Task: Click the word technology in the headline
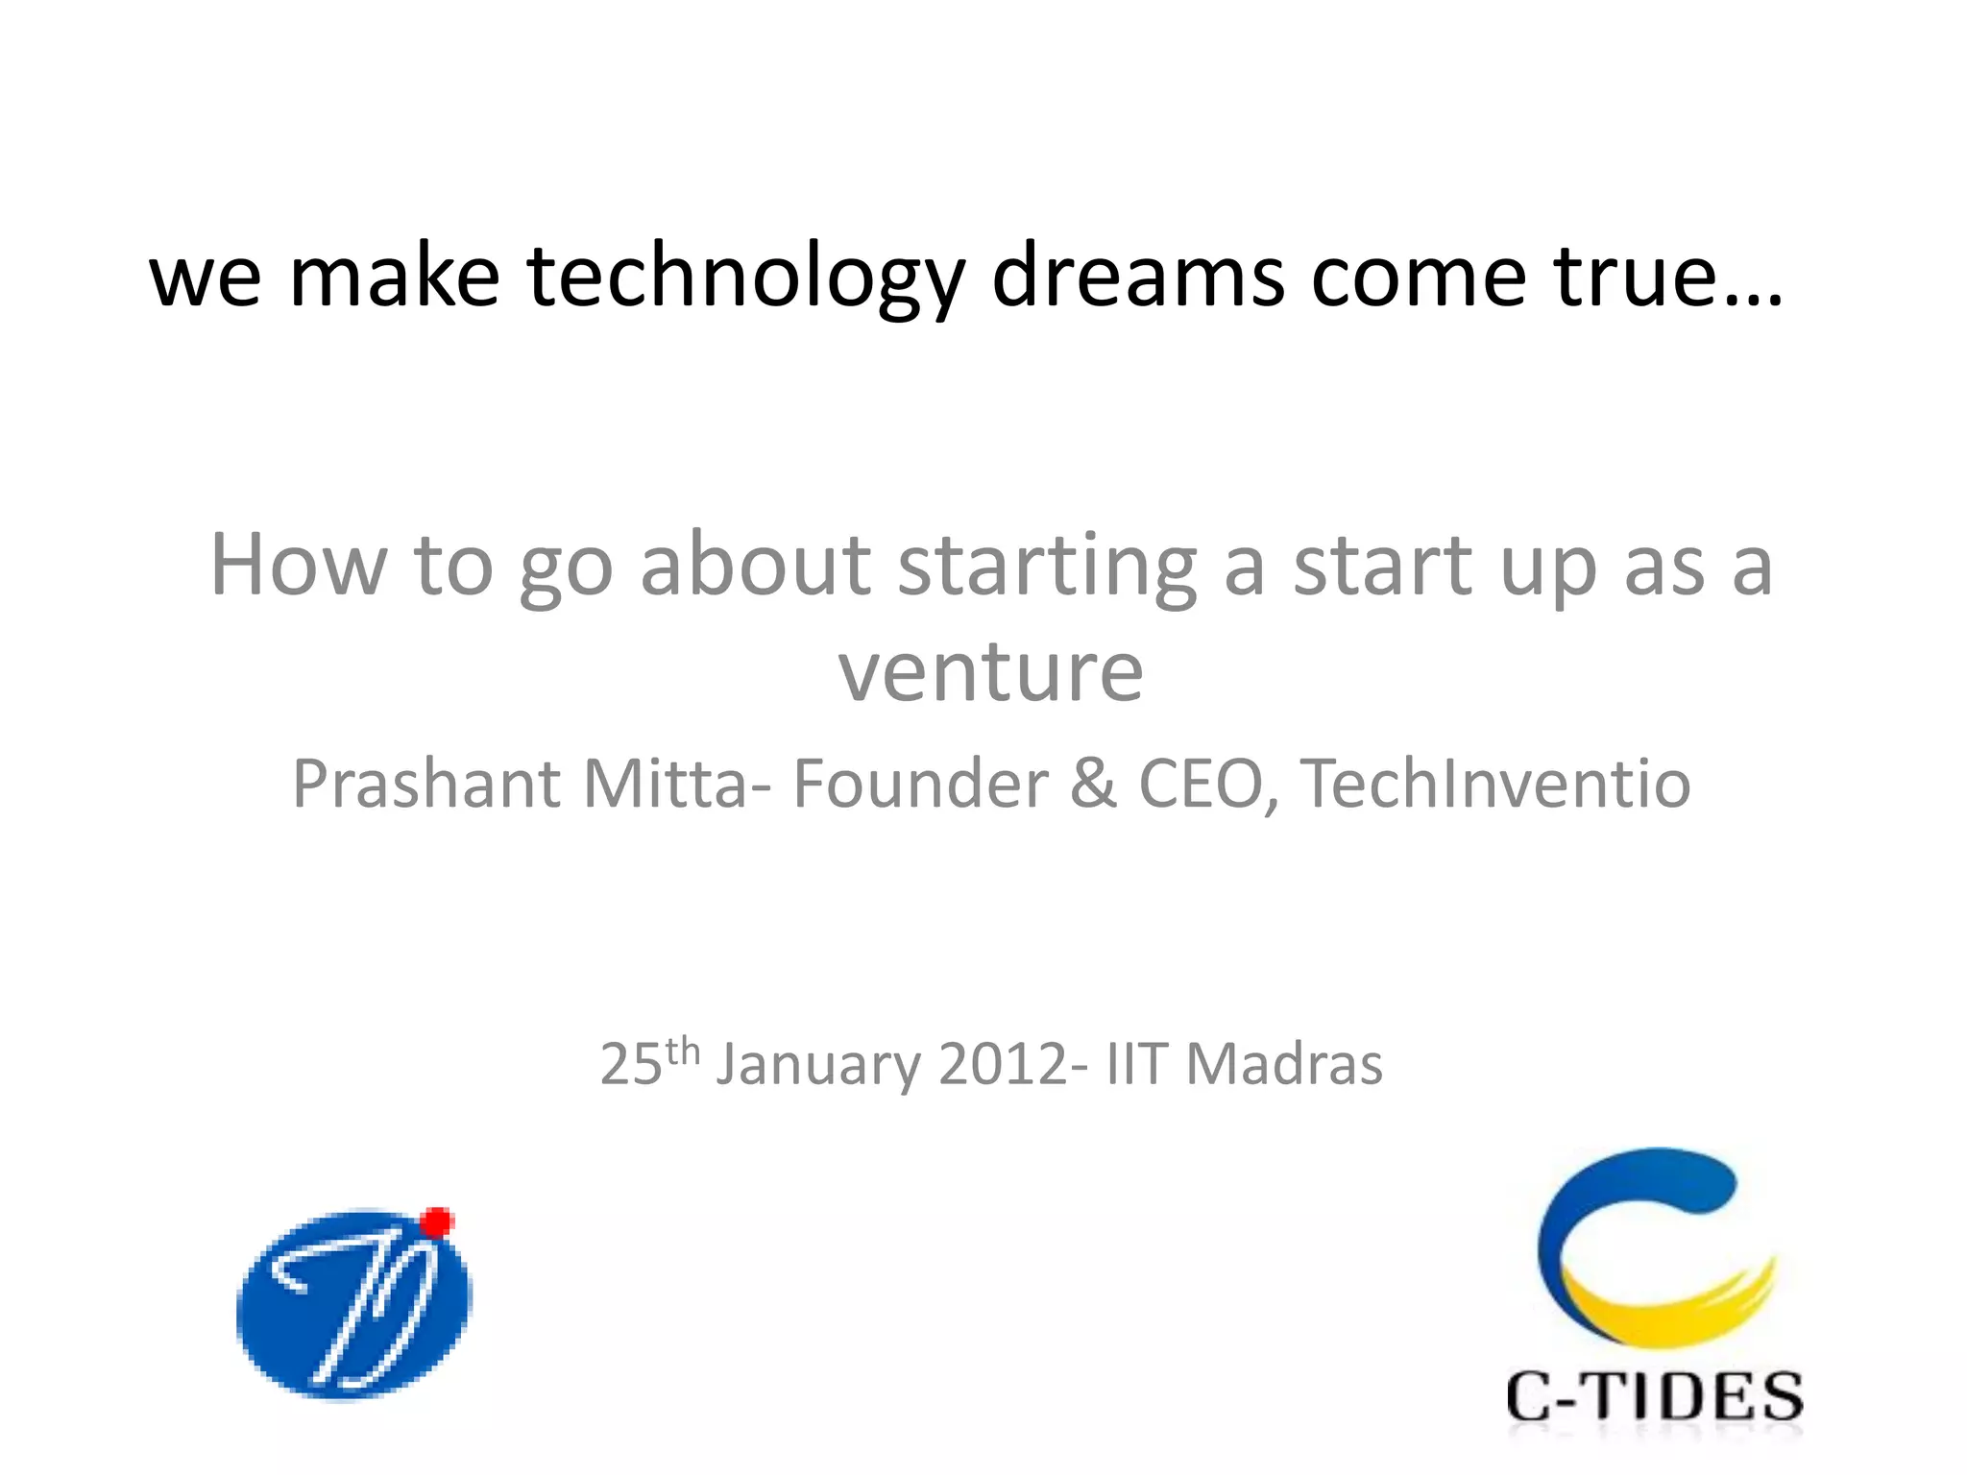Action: click(744, 278)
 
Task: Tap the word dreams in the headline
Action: click(1137, 277)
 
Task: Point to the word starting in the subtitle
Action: click(1047, 567)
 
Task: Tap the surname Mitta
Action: click(663, 784)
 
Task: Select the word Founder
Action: click(920, 784)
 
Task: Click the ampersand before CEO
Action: click(1092, 784)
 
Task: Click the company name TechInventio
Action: click(1494, 784)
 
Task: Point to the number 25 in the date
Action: click(631, 1064)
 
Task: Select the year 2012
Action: click(1003, 1064)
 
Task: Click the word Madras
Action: click(1284, 1064)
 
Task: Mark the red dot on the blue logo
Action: click(437, 1221)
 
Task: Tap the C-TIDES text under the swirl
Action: click(1654, 1396)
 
